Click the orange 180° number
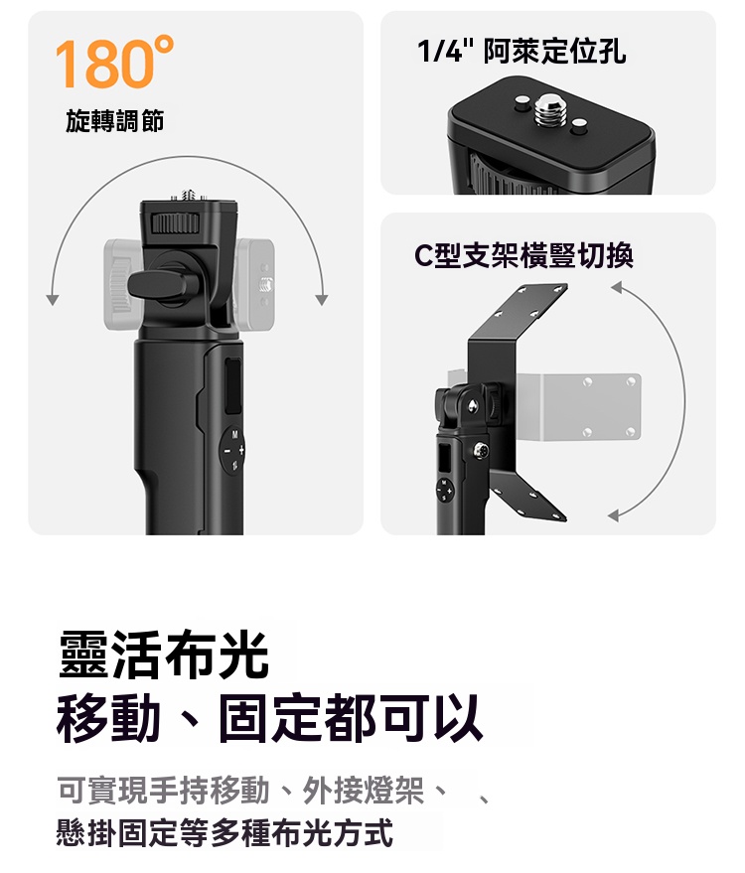pos(114,62)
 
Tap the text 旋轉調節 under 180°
pos(115,121)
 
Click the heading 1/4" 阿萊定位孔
pos(521,52)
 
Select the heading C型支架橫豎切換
pos(523,255)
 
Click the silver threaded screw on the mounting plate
pos(550,109)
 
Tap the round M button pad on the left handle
pos(232,450)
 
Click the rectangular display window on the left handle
pos(232,387)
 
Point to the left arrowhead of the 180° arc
pos(53,300)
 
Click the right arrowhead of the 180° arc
pos(321,300)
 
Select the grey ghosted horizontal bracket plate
pos(579,406)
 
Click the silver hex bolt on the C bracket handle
pos(481,450)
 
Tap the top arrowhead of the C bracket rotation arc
pos(617,287)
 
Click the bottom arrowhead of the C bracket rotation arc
pos(613,515)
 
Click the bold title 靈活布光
pos(164,655)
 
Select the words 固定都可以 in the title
pos(351,718)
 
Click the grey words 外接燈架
pos(363,790)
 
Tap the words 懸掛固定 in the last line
pos(117,832)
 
